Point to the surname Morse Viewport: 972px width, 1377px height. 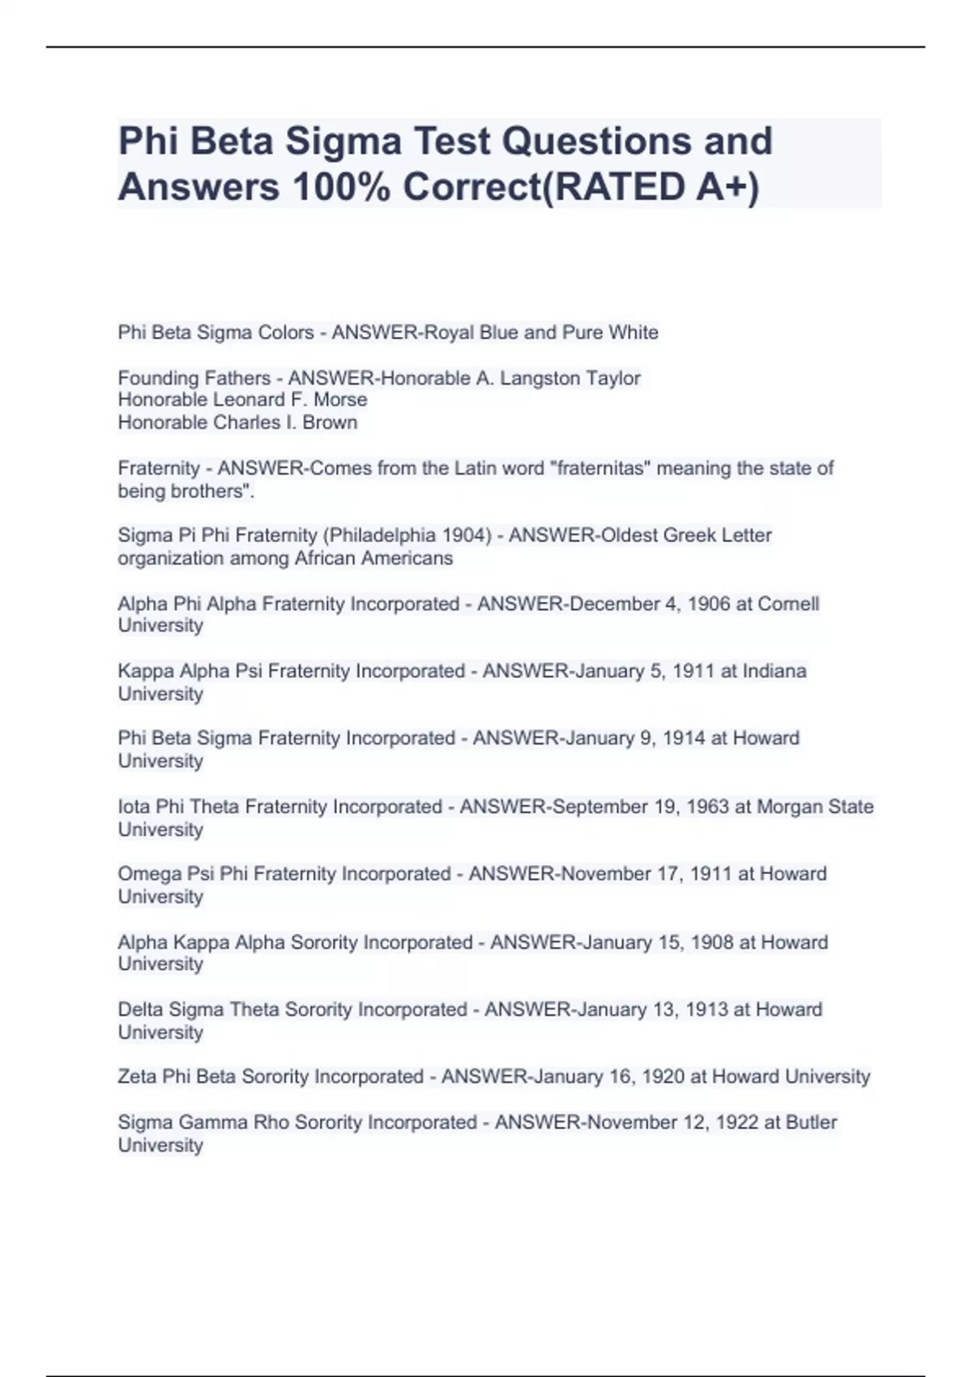point(341,400)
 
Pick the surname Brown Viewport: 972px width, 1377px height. point(330,423)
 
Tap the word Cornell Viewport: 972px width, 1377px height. point(788,604)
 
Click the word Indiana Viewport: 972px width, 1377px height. point(774,671)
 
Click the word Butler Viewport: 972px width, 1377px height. point(811,1123)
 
